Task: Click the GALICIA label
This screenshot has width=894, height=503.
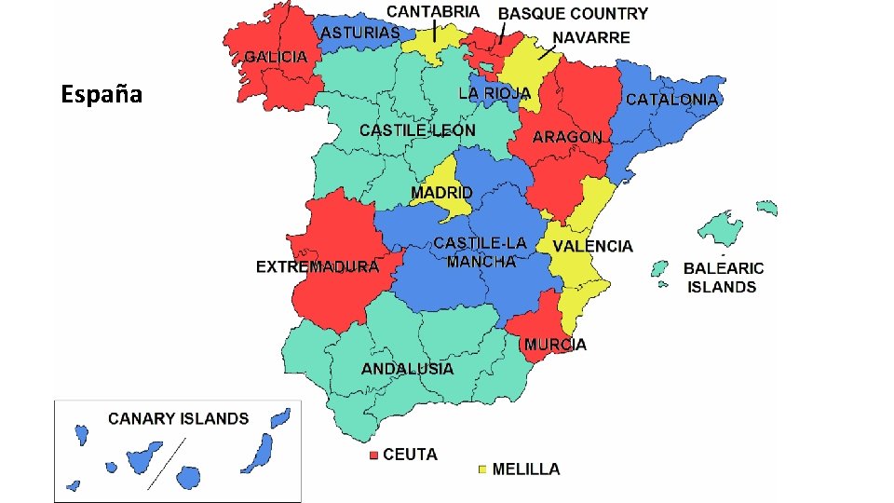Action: tap(276, 57)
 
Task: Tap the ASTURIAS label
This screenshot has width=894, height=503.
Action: tap(360, 33)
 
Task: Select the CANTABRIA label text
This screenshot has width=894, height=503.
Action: tap(434, 12)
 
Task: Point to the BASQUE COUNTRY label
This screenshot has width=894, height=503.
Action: tap(573, 14)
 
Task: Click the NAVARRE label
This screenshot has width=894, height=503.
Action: tap(590, 38)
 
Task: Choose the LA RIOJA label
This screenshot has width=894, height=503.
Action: tap(494, 93)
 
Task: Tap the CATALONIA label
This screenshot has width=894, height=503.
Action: tap(671, 99)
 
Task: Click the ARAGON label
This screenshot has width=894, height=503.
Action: tap(567, 137)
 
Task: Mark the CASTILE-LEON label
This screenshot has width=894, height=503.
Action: tap(417, 130)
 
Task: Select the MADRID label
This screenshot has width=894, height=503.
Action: tap(441, 193)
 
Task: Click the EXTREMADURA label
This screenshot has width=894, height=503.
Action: tap(318, 267)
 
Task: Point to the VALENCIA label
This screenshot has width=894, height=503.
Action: tap(592, 246)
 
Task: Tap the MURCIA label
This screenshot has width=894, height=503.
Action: tap(555, 345)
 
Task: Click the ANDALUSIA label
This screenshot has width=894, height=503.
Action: tap(408, 369)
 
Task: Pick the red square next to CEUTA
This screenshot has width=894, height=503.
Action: tap(374, 455)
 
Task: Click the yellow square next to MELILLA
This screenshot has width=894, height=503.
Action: tap(482, 469)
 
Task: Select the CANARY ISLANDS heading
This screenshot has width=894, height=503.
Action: tap(179, 418)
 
